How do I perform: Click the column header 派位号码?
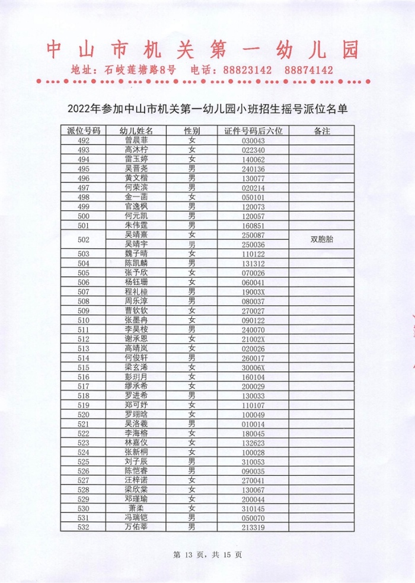click(x=84, y=130)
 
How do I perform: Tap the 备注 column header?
click(x=321, y=130)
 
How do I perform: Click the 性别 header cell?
click(x=191, y=130)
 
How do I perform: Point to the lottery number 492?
click(x=84, y=140)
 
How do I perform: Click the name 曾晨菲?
click(x=136, y=140)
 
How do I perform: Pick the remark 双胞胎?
click(x=321, y=239)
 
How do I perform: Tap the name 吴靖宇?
click(x=136, y=244)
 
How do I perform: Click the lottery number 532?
click(x=84, y=527)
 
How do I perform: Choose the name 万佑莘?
click(x=136, y=527)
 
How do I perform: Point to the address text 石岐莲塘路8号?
click(x=140, y=71)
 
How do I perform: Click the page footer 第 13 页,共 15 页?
click(x=207, y=555)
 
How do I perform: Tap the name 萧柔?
click(x=136, y=508)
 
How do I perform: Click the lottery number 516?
click(x=84, y=377)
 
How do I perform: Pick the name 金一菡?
click(x=136, y=197)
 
